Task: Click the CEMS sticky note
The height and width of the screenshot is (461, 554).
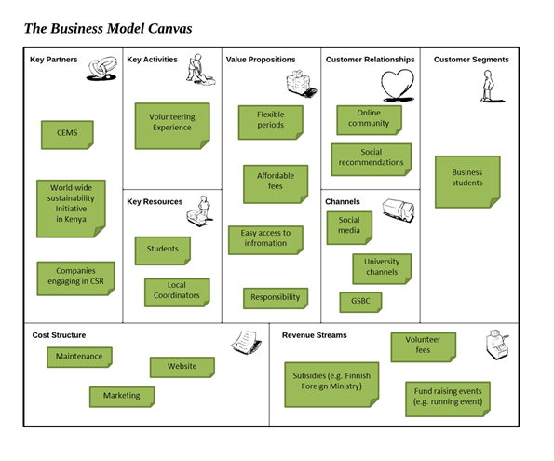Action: pos(67,135)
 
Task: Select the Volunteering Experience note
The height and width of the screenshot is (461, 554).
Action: pos(172,126)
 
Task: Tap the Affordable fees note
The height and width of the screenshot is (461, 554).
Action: pos(276,183)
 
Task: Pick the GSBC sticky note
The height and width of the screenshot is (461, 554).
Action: pos(360,302)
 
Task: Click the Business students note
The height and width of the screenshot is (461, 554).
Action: pos(467,182)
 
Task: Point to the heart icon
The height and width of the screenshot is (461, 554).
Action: pos(398,85)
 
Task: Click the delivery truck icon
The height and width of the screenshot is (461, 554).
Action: pos(399,210)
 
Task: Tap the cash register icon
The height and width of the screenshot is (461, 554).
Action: pos(497,345)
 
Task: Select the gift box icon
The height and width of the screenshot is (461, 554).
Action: pos(301,84)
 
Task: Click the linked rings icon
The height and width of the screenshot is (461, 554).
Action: pos(102,68)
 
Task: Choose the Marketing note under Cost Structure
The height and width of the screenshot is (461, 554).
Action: pos(122,397)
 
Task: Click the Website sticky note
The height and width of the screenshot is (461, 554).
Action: pos(182,367)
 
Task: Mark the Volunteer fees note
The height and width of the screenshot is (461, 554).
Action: pos(424,346)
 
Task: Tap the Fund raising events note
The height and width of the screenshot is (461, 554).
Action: pos(448,399)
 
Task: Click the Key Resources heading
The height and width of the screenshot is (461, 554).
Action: pos(155,201)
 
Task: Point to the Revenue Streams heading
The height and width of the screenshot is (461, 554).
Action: pos(315,335)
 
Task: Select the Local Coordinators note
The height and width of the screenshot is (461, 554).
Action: pos(177,292)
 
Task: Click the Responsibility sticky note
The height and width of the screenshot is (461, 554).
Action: pos(276,298)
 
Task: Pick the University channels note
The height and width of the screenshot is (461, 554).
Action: pos(382,268)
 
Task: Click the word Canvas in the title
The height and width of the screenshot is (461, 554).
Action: pos(170,28)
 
